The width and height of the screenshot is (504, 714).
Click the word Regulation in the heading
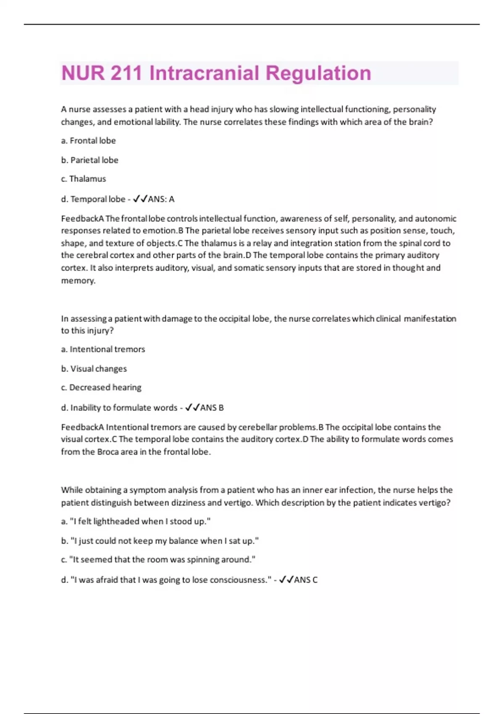318,73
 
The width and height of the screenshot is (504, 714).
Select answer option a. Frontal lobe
89,141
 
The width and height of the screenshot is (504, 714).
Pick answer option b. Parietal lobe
90,160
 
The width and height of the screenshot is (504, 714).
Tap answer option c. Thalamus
84,179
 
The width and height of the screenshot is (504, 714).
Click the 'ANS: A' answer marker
161,199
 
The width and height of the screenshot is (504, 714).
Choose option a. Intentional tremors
103,349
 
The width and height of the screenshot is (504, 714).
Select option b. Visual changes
94,369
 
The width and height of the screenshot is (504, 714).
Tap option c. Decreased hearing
101,388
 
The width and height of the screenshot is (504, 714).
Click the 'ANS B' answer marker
212,408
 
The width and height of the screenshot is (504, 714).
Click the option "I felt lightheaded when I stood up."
136,522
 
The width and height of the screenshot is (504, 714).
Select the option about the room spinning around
158,560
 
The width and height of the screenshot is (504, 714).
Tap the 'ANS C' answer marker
305,580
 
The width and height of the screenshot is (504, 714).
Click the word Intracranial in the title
204,73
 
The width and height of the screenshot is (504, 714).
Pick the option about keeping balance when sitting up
160,541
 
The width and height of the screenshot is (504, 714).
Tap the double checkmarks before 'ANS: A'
140,199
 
